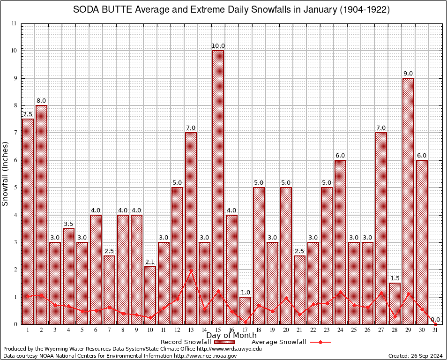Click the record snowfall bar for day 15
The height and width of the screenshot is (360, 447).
click(x=218, y=187)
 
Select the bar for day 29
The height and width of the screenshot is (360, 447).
click(x=408, y=202)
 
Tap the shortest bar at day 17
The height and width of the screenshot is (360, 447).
click(x=245, y=310)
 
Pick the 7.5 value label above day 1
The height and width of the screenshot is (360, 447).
click(x=28, y=114)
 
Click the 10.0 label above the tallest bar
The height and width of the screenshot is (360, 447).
click(x=218, y=46)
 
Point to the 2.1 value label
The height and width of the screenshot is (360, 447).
click(x=150, y=262)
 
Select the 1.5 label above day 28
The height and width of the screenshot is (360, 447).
click(x=395, y=278)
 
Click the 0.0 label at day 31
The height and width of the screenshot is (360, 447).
click(x=435, y=319)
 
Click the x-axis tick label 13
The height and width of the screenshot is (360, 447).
click(x=191, y=330)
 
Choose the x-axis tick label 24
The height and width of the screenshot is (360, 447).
click(x=340, y=330)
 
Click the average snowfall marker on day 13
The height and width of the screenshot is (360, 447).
click(x=191, y=270)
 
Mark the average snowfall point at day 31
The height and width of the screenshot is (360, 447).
click(x=435, y=324)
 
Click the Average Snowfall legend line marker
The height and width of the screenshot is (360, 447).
click(x=320, y=342)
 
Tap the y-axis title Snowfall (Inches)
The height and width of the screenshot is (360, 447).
click(x=6, y=173)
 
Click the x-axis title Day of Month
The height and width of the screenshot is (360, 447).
click(x=231, y=336)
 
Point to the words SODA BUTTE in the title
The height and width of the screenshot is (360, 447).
click(x=100, y=10)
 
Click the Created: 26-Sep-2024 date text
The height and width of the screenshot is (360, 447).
click(x=415, y=356)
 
